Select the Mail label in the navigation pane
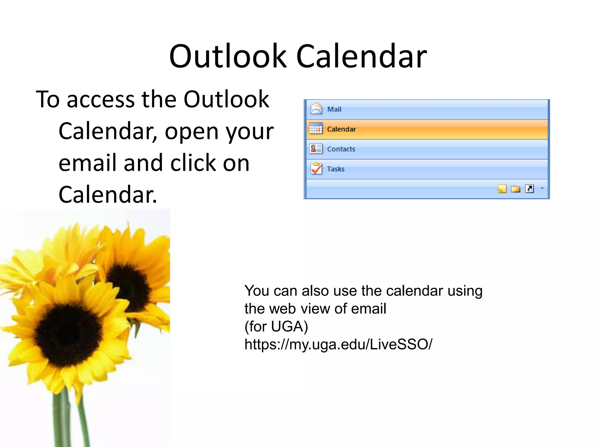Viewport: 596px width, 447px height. pyautogui.click(x=334, y=109)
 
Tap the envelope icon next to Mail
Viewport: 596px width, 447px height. pyautogui.click(x=316, y=109)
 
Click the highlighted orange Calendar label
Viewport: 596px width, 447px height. pyautogui.click(x=341, y=129)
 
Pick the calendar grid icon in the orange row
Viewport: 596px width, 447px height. pyautogui.click(x=316, y=129)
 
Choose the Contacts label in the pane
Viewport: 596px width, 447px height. pyautogui.click(x=341, y=149)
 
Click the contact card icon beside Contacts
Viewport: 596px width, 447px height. pyautogui.click(x=316, y=149)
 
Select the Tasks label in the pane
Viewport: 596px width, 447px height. pyautogui.click(x=336, y=169)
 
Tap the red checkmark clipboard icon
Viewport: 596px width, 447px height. pyautogui.click(x=316, y=168)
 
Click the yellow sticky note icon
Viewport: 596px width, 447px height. pyautogui.click(x=502, y=189)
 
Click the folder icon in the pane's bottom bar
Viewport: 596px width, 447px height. pyautogui.click(x=515, y=189)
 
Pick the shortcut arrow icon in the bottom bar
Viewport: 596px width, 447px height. pyautogui.click(x=529, y=189)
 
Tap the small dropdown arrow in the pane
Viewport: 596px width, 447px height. pyautogui.click(x=542, y=189)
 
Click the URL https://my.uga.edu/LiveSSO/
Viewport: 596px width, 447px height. pyautogui.click(x=338, y=344)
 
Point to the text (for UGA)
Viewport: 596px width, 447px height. pyautogui.click(x=276, y=327)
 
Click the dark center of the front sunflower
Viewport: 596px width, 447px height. pyautogui.click(x=68, y=335)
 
